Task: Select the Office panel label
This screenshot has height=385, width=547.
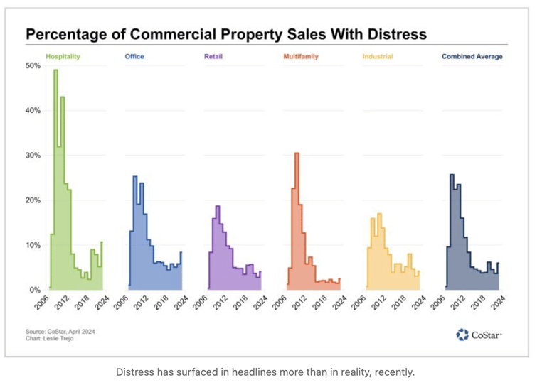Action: (x=134, y=57)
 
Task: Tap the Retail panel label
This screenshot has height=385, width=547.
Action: (x=213, y=57)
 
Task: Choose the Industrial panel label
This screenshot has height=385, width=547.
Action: (x=377, y=57)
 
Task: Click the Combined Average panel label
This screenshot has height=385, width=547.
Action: (x=472, y=57)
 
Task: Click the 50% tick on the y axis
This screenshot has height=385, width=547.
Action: (x=33, y=65)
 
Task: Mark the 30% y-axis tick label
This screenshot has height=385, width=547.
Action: (x=33, y=155)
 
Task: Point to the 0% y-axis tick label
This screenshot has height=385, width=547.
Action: (x=34, y=290)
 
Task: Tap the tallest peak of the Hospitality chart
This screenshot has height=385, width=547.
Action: (x=55, y=70)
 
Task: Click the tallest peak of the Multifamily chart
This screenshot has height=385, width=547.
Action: (x=297, y=153)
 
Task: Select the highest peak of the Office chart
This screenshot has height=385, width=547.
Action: (x=134, y=177)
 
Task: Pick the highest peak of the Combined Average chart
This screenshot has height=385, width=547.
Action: (x=452, y=175)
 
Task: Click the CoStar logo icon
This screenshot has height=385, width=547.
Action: (x=463, y=335)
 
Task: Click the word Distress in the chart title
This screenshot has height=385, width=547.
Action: (x=391, y=34)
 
